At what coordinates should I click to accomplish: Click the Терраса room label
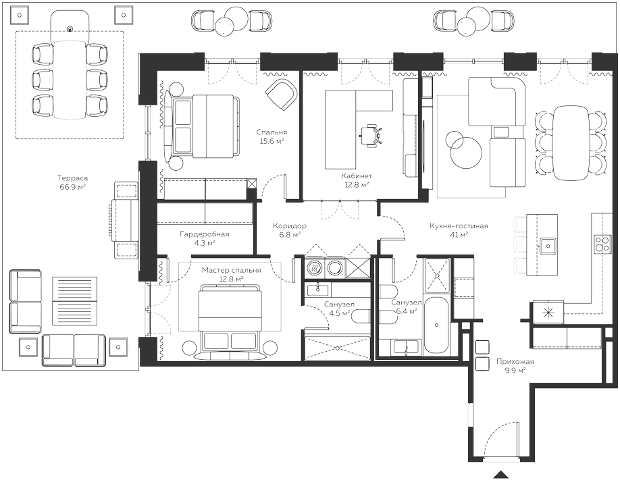tap(72, 178)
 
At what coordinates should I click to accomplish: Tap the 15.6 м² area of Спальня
tap(272, 141)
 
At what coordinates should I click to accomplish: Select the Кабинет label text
tap(357, 176)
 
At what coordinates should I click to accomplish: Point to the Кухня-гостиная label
tap(459, 226)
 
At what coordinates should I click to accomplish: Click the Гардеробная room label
tap(205, 234)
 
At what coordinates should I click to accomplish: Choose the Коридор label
tap(290, 226)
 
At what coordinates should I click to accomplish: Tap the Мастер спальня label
tap(231, 271)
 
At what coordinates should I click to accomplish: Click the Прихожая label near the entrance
tap(515, 362)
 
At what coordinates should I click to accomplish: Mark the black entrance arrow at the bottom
tap(500, 475)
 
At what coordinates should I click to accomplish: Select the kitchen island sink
tap(548, 246)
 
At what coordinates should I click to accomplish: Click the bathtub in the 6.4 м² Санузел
tap(436, 325)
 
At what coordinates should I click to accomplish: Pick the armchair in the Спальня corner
tap(282, 95)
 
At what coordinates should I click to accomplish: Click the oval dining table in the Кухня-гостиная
tap(569, 142)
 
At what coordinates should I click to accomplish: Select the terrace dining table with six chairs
tap(70, 79)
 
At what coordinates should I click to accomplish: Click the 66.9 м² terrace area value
tap(73, 187)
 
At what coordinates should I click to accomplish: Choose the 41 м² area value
tap(459, 235)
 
